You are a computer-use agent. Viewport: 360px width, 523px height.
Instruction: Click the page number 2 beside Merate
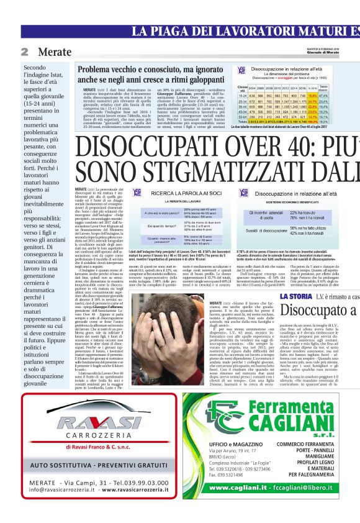(24, 52)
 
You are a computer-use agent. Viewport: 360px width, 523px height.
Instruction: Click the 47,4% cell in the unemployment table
(341, 96)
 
